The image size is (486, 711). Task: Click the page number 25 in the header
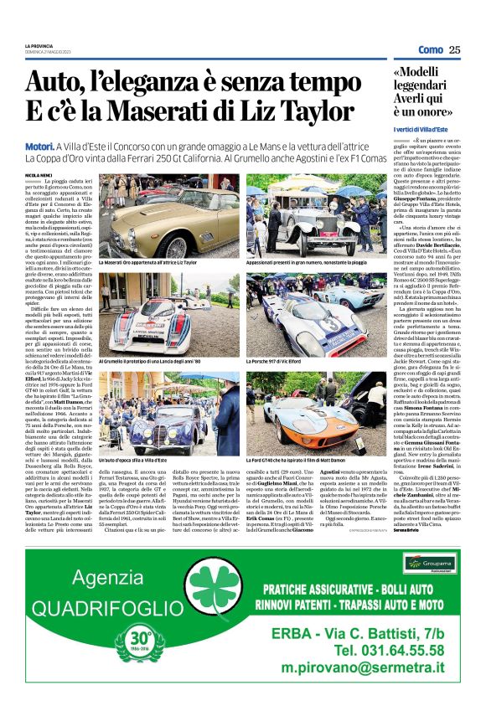pyautogui.click(x=454, y=49)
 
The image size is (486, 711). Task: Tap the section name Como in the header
pyautogui.click(x=431, y=49)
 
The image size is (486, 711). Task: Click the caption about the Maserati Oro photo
pyautogui.click(x=146, y=262)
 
